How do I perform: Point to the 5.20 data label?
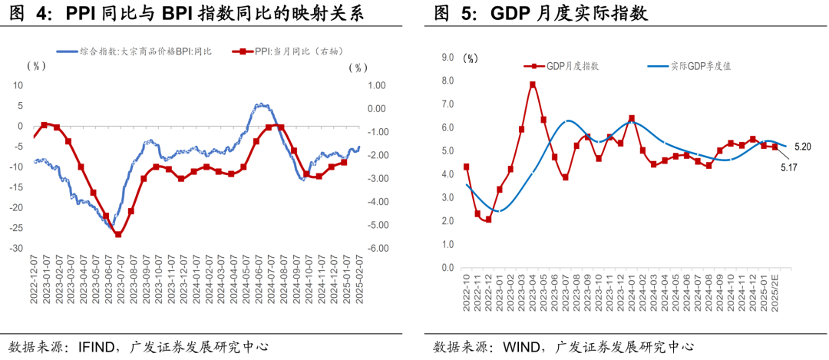[x=803, y=146]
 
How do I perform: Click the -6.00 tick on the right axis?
[x=378, y=249]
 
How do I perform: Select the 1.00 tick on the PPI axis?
[x=378, y=85]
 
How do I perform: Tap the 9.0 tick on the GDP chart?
[x=448, y=57]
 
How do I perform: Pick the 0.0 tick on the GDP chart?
[x=448, y=268]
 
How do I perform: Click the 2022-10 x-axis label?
[x=465, y=291]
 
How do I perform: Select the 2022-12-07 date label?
[x=34, y=279]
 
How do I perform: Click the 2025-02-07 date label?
[x=358, y=279]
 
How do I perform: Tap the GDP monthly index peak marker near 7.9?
[x=532, y=84]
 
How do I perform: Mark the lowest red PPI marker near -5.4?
[x=118, y=234]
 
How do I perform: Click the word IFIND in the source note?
[x=96, y=346]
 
